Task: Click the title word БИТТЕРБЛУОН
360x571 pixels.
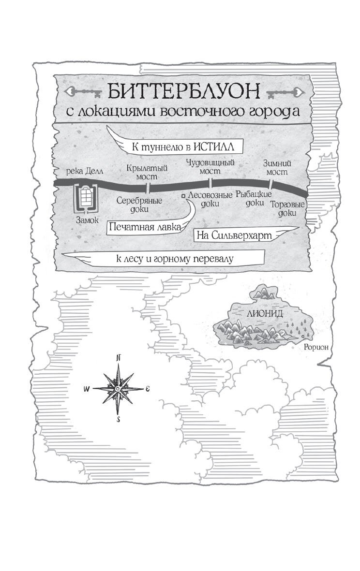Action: coord(183,91)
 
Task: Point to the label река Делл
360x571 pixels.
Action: coord(85,171)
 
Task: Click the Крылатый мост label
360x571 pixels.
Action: coord(147,172)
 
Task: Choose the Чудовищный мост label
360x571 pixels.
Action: coord(210,167)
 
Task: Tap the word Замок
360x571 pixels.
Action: coord(87,220)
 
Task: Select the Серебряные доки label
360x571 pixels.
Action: coord(139,205)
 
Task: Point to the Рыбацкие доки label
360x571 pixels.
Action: coord(254,198)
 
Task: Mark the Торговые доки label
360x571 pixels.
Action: coord(287,209)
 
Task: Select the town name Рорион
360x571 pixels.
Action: coord(316,347)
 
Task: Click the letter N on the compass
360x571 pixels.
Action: coord(118,357)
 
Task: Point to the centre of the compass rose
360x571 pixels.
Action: coord(118,389)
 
